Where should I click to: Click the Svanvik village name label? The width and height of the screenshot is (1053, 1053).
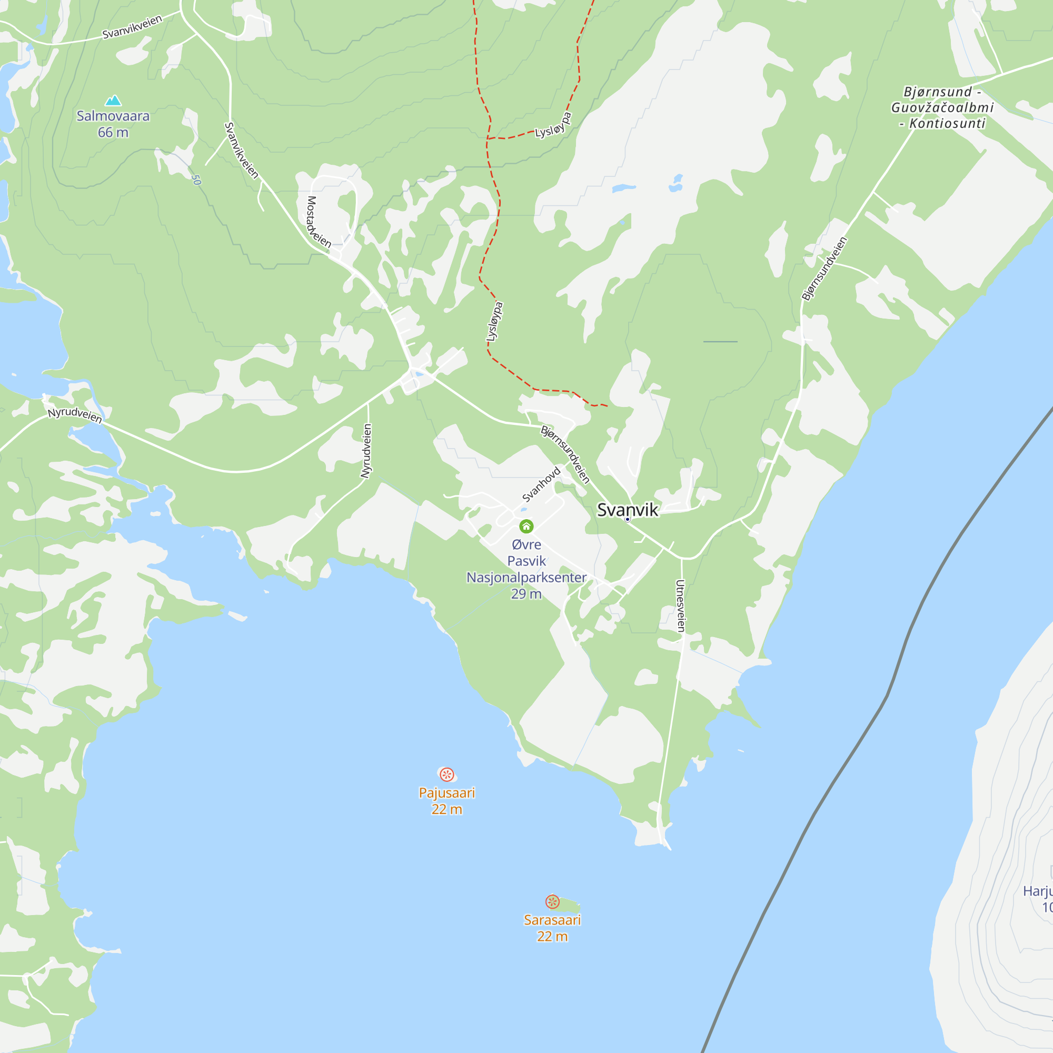(x=628, y=510)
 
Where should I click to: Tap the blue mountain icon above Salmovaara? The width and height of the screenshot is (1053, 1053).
(x=113, y=100)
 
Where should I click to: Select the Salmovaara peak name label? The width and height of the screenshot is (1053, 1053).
(x=113, y=116)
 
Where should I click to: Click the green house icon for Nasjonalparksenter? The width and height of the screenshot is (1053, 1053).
(x=526, y=526)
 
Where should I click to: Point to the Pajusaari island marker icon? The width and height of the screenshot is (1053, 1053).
(x=447, y=774)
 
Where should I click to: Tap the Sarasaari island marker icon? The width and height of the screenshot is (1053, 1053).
(x=552, y=901)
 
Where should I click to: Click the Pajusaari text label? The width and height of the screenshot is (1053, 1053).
(x=447, y=793)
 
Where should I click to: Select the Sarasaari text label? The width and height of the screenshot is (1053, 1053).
(x=552, y=920)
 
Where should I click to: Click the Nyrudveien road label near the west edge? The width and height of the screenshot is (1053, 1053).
(x=75, y=415)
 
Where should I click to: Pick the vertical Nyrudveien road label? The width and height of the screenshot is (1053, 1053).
(x=367, y=451)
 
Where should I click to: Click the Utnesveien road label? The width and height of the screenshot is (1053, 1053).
(x=681, y=605)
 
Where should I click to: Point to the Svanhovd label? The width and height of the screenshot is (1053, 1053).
(x=541, y=484)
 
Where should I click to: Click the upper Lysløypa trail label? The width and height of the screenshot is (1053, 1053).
(x=553, y=125)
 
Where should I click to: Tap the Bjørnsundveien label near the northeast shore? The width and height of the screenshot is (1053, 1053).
(x=824, y=268)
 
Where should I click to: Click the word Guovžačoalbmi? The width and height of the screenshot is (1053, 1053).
(x=942, y=108)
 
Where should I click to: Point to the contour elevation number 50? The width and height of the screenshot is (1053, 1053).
(x=196, y=180)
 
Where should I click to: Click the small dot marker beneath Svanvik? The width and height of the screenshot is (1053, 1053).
(x=628, y=520)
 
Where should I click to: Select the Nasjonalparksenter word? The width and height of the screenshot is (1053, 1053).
(x=526, y=577)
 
